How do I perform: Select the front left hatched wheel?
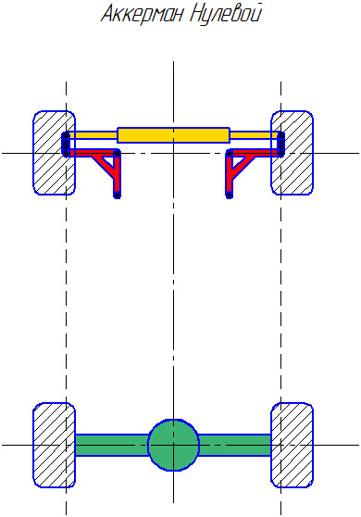[x=54, y=153]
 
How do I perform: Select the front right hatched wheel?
[x=292, y=153]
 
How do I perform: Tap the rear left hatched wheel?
[x=54, y=445]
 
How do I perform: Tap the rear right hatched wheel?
[x=292, y=445]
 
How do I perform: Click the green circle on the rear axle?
[x=174, y=445]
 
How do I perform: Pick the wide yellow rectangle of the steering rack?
[x=174, y=135]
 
